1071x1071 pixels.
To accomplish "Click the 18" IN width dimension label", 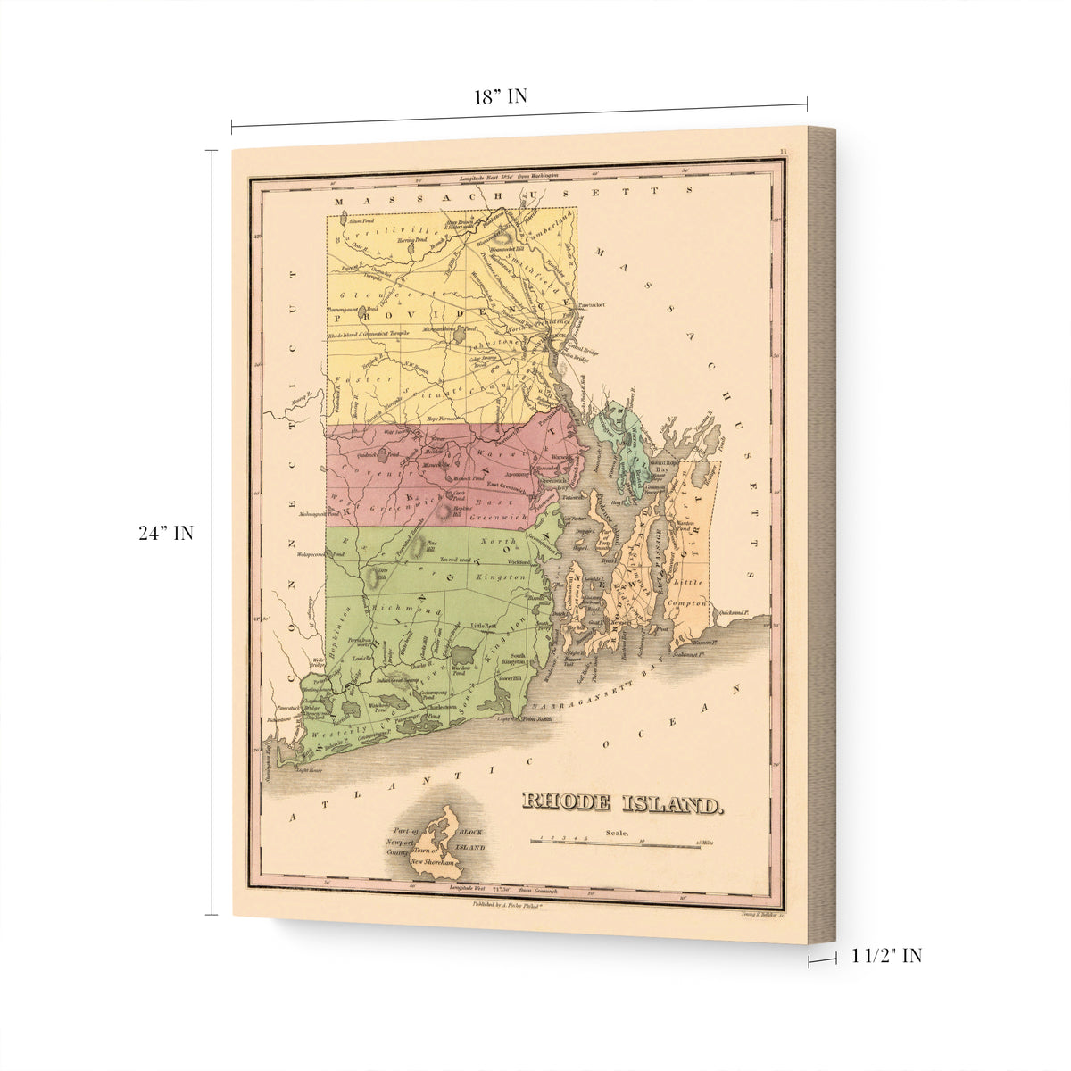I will point(500,97).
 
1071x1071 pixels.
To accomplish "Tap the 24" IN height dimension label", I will point(166,534).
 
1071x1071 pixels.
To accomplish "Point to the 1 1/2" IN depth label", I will point(886,956).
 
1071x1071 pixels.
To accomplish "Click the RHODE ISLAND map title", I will point(621,802).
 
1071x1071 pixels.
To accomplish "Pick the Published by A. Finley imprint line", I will point(506,904).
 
